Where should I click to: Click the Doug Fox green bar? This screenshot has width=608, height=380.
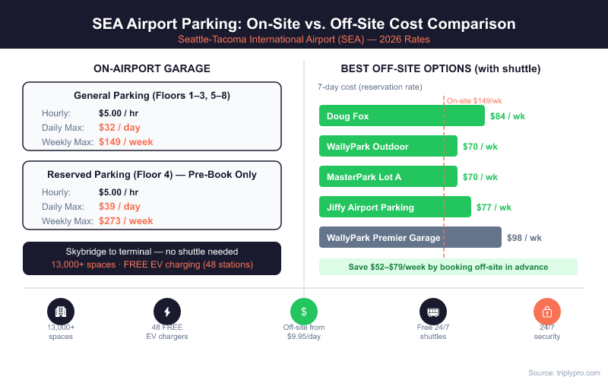coord(401,116)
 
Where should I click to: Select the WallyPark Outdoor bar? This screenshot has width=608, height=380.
coord(388,147)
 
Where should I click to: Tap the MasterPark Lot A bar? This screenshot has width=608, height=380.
coord(388,177)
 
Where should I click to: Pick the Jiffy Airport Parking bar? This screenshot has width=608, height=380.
coord(394,207)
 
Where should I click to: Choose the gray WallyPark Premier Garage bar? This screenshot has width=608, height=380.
coord(410,238)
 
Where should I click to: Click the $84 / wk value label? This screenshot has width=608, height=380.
coord(508,116)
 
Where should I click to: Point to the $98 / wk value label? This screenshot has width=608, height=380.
coord(524,238)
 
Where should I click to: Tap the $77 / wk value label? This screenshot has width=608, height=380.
coord(494,207)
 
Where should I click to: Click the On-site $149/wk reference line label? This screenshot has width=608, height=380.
coord(474,100)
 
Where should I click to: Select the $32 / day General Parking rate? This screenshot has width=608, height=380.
coord(119,128)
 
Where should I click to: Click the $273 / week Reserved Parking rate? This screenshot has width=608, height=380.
coord(125,221)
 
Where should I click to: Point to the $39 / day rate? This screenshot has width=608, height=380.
coord(119,207)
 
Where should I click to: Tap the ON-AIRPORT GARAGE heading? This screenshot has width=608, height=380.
coord(152,68)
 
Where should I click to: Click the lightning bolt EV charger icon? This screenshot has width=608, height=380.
coord(167,312)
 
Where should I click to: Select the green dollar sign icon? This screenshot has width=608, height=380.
coord(304,312)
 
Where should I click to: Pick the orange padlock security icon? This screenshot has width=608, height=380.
coord(547,312)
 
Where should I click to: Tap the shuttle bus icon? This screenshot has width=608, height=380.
coord(433,312)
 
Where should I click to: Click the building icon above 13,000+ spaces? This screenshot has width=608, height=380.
coord(61,312)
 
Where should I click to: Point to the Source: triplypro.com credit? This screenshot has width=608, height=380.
coord(563,372)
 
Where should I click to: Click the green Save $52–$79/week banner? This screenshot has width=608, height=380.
coord(448,267)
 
